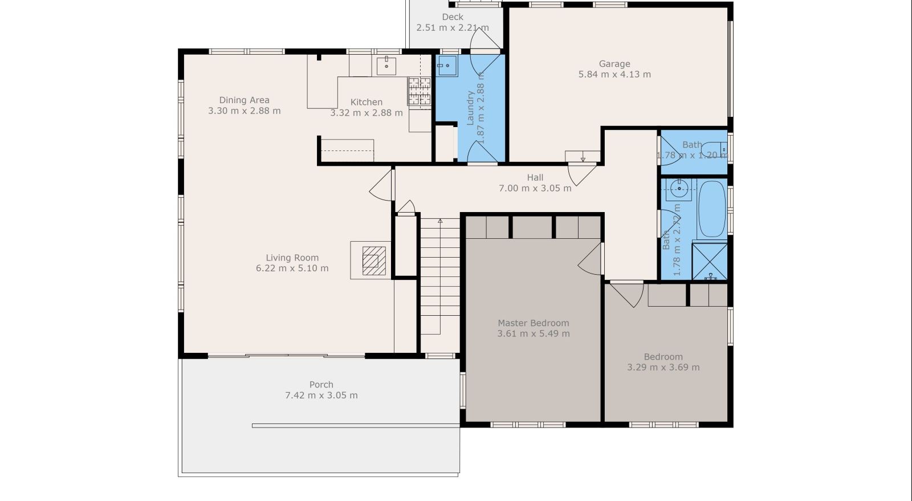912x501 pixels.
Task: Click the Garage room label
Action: pos(614,64)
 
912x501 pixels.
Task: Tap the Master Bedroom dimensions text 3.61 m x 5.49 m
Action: pos(533,333)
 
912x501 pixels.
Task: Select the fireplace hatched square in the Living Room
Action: pos(374,260)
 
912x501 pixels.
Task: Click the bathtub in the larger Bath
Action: pos(711,209)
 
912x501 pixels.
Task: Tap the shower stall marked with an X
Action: pos(709,261)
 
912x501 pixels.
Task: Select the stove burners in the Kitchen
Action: pos(419,91)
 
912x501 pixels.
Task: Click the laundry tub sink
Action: pos(447,66)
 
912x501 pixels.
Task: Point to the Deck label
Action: pos(453,17)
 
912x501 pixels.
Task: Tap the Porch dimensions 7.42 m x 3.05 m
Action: pos(321,395)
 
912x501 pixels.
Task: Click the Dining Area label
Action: pos(244,100)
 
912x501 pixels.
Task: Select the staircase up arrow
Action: pos(440,221)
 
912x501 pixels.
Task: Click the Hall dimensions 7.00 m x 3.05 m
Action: pos(535,188)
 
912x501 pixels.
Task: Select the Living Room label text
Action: pos(292,258)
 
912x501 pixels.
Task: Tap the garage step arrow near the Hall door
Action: pos(583,157)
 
